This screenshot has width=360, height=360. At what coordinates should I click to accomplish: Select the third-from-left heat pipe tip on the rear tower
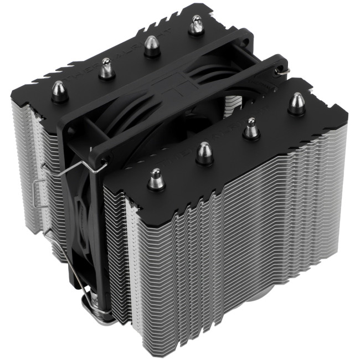150,45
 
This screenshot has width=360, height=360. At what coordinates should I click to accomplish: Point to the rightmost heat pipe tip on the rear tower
196,25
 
